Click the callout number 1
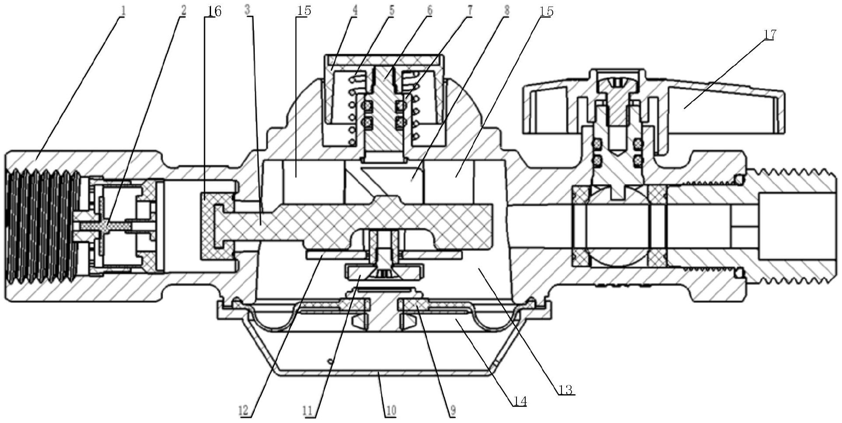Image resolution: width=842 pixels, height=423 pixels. [x=123, y=11]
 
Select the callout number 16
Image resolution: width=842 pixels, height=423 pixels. [x=213, y=12]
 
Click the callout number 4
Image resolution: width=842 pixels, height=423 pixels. [x=354, y=10]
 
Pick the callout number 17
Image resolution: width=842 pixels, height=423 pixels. [x=769, y=34]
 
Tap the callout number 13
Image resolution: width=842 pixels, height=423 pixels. [x=565, y=390]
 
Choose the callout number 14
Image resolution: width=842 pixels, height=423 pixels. [x=519, y=401]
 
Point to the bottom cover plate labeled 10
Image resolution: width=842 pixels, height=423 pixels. [x=380, y=371]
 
